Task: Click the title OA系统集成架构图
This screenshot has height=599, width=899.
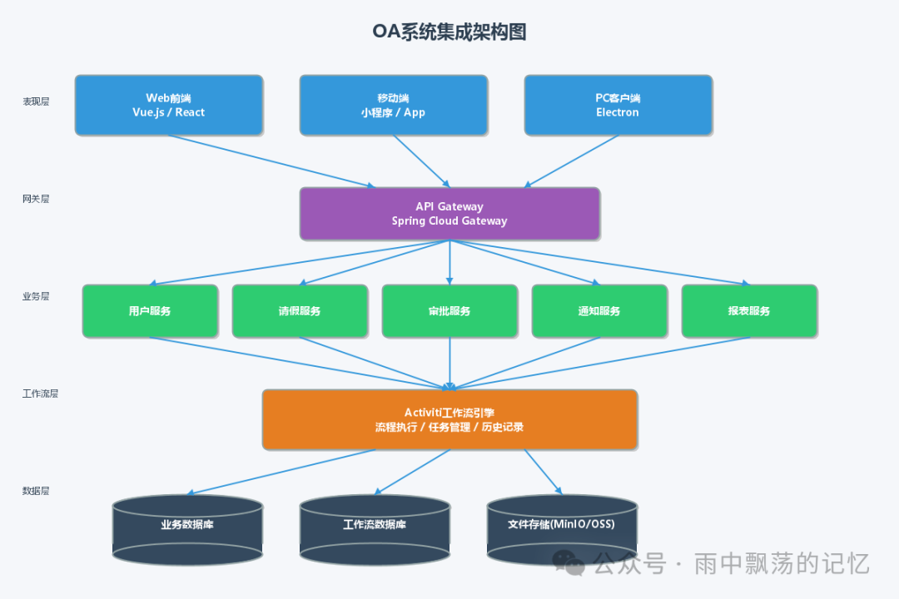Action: tap(449, 32)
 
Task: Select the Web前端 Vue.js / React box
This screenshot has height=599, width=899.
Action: tap(169, 105)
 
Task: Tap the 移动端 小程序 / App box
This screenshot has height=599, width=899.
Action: tap(393, 105)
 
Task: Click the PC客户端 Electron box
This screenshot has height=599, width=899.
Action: tap(618, 105)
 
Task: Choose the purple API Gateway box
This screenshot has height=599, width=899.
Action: tap(449, 214)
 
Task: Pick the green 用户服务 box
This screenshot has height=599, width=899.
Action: tap(150, 311)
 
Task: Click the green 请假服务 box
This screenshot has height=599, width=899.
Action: tap(300, 311)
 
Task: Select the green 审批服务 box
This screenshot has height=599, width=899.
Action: tap(449, 311)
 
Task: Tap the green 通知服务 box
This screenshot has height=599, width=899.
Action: tap(599, 311)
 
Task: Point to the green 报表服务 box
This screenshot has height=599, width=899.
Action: tap(749, 311)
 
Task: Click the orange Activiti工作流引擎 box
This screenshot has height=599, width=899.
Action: tap(449, 420)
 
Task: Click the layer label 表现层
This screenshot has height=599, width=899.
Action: tap(36, 101)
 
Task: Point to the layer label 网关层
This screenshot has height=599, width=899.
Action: tap(36, 199)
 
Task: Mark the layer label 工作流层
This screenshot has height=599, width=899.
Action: tap(40, 394)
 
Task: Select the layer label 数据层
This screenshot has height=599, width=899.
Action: tap(36, 491)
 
